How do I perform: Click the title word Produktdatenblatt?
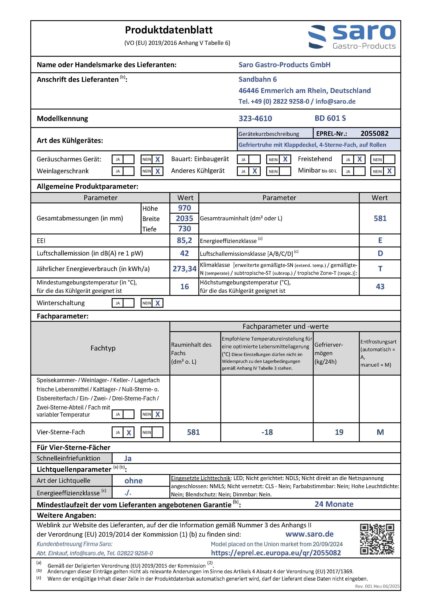pos(169,30)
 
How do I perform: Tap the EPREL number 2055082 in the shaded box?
pos(374,133)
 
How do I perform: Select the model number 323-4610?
pos(255,119)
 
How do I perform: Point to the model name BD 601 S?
pos(330,118)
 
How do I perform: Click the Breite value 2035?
pos(184,218)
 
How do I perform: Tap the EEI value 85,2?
pos(184,240)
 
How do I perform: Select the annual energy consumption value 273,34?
pos(184,269)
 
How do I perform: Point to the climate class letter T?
pos(380,269)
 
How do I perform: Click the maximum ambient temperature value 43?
pos(380,287)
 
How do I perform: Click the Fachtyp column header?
pos(103,348)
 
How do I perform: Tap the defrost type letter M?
pos(380,432)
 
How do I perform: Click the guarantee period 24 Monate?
pos(334,504)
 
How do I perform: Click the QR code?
pos(377,539)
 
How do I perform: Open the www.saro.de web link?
pos(309,534)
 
